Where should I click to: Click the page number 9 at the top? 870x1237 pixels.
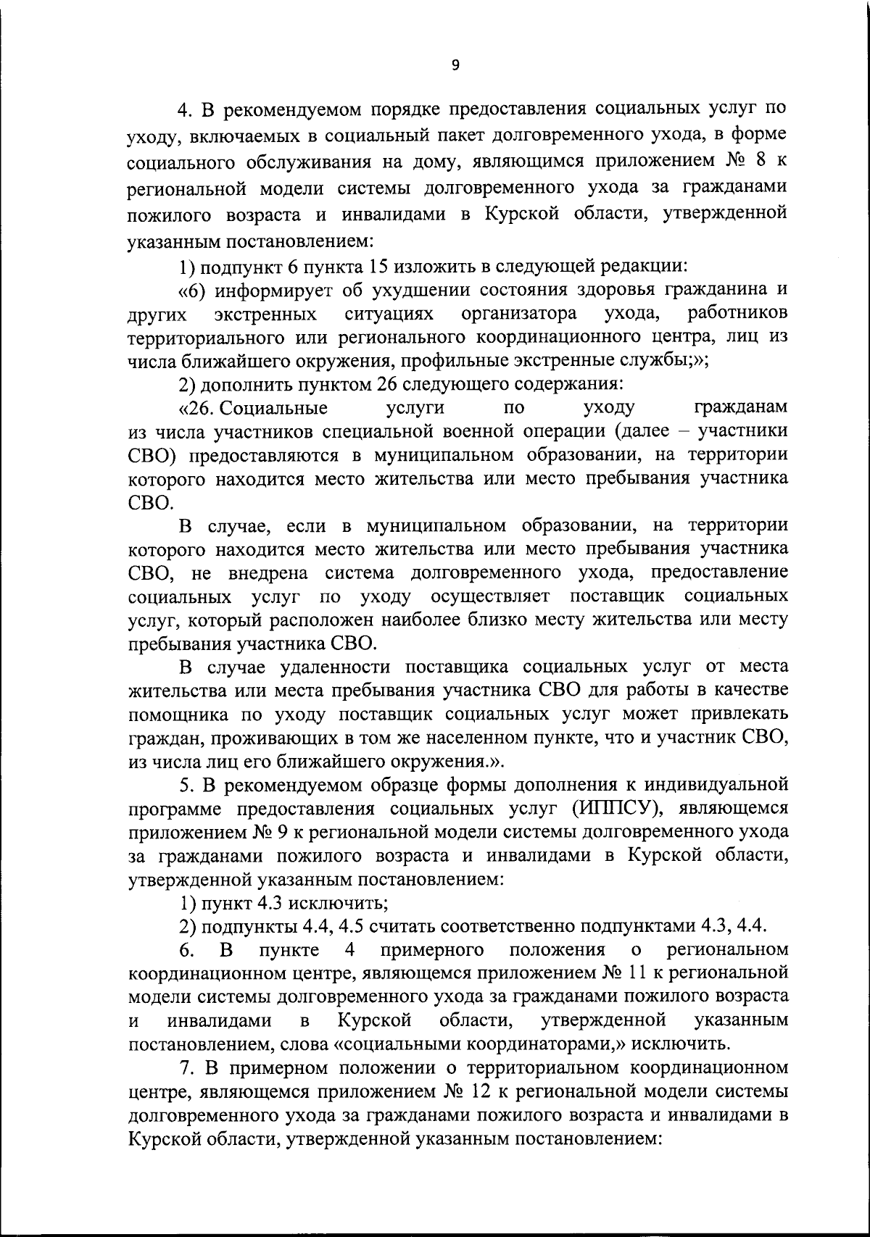[x=455, y=66]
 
